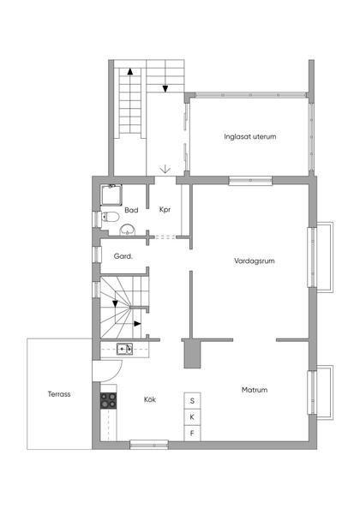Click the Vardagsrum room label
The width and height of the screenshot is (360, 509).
pyautogui.click(x=255, y=261)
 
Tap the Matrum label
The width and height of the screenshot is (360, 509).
pyautogui.click(x=255, y=390)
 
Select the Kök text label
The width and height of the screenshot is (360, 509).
pyautogui.click(x=150, y=399)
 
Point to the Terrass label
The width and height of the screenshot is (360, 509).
pyautogui.click(x=59, y=394)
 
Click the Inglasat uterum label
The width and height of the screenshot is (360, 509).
pyautogui.click(x=250, y=136)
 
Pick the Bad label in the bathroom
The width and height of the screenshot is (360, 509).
pyautogui.click(x=131, y=210)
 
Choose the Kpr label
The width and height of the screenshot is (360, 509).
pyautogui.click(x=165, y=210)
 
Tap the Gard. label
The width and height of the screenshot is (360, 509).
pyautogui.click(x=123, y=256)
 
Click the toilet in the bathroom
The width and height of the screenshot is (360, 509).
pyautogui.click(x=110, y=217)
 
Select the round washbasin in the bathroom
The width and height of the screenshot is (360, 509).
pyautogui.click(x=128, y=230)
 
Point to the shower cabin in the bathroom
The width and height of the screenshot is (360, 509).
pyautogui.click(x=111, y=195)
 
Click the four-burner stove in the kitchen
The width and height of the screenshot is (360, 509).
pyautogui.click(x=108, y=400)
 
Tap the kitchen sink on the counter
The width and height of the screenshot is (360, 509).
pyautogui.click(x=124, y=349)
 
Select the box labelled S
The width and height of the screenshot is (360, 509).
pyautogui.click(x=192, y=401)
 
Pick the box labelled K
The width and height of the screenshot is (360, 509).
pyautogui.click(x=192, y=417)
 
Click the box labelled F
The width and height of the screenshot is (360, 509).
pyautogui.click(x=192, y=433)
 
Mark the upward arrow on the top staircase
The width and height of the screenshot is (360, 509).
pyautogui.click(x=130, y=72)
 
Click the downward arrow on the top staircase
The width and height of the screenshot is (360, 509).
pyautogui.click(x=165, y=88)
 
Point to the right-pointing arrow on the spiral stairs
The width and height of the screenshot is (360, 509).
pyautogui.click(x=138, y=324)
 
